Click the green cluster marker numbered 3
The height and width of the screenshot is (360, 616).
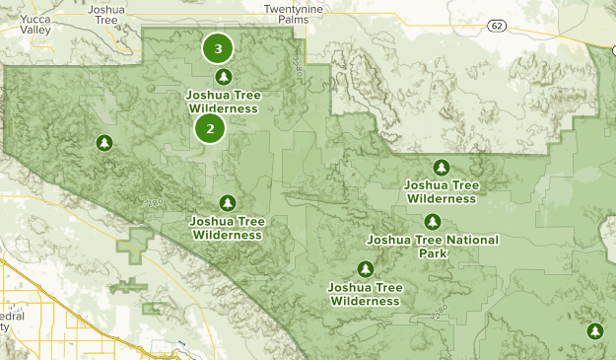point(218,47)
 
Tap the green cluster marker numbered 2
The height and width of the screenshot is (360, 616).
point(210,128)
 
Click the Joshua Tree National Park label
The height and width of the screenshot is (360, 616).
point(433,247)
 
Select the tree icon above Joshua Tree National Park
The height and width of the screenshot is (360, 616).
point(432,222)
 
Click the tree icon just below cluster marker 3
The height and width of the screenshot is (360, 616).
point(224,77)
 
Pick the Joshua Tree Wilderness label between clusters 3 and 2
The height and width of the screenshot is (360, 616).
point(222,102)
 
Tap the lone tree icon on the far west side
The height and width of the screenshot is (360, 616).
point(103,144)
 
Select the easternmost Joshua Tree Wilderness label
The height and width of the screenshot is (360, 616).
point(441,191)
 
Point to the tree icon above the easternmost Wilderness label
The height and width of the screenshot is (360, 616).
point(442,167)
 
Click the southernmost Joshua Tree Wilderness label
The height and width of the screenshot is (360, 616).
point(365,294)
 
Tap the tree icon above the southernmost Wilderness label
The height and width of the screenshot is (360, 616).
point(366,269)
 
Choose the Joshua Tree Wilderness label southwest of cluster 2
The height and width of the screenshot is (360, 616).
point(228,228)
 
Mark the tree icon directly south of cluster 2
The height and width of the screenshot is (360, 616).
point(228,203)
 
